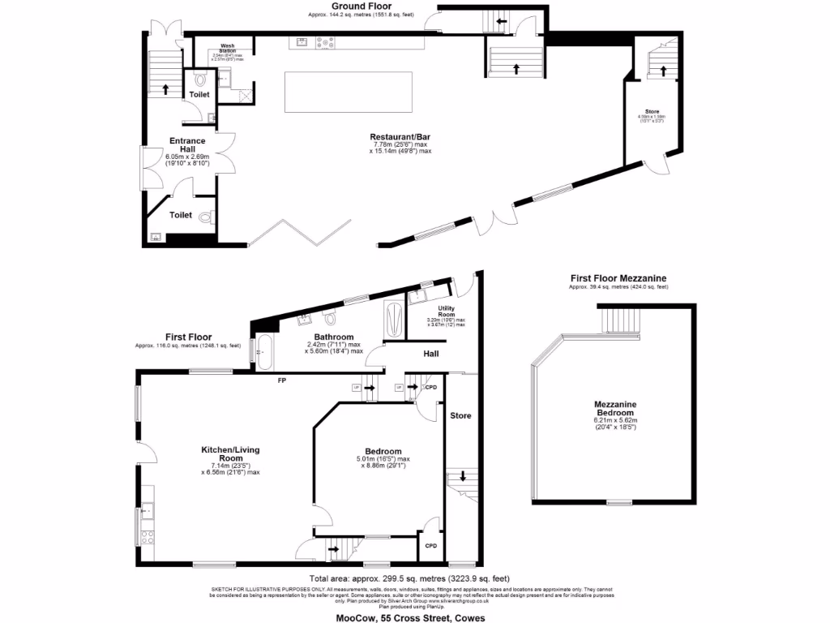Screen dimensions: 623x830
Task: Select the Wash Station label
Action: pos(227,48)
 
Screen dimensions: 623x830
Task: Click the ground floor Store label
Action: pos(652,111)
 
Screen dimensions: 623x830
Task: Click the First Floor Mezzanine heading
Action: pos(618,278)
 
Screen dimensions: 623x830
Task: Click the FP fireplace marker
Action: pos(281,379)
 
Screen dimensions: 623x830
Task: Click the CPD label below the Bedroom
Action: pos(431,546)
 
